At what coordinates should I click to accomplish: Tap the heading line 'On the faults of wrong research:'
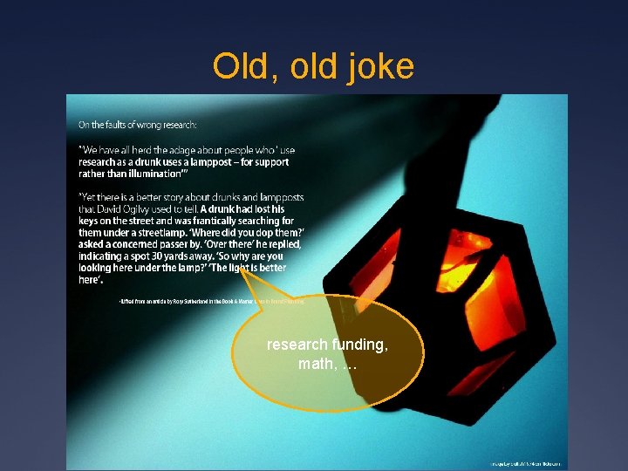(x=138, y=125)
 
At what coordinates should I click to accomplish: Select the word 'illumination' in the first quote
(x=145, y=174)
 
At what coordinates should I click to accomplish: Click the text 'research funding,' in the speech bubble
(x=326, y=345)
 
